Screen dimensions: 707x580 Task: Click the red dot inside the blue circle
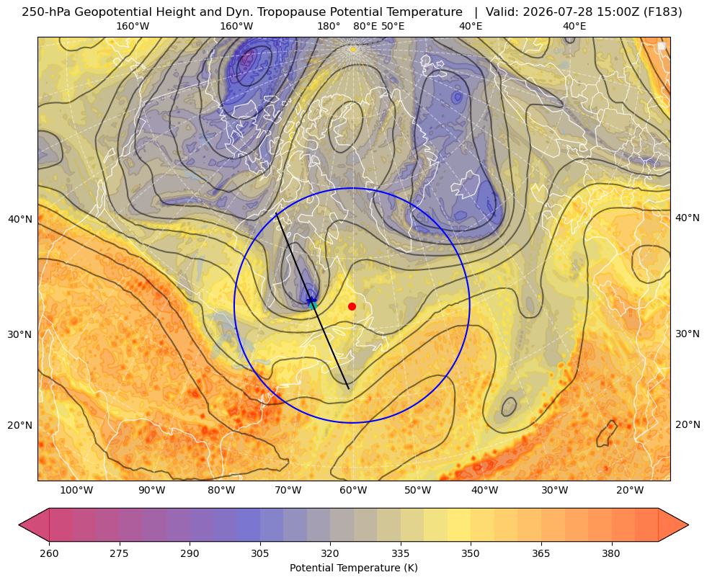(x=352, y=306)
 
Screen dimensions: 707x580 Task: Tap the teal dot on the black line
(x=313, y=305)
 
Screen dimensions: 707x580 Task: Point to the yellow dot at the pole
(x=353, y=49)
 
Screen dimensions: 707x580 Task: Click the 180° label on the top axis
(x=329, y=26)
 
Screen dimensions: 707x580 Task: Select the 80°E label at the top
(x=365, y=26)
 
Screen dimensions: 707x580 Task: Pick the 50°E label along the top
(x=393, y=26)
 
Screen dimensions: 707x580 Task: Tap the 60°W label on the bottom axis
(x=353, y=491)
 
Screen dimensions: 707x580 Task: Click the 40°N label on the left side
(x=20, y=220)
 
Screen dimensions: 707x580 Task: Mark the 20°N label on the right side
(x=688, y=424)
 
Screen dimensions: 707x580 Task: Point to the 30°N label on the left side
(x=20, y=334)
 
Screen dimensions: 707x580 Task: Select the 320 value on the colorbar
(x=330, y=553)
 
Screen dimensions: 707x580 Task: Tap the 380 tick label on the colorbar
(x=611, y=553)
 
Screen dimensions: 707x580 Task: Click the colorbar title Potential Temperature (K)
(x=353, y=568)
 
